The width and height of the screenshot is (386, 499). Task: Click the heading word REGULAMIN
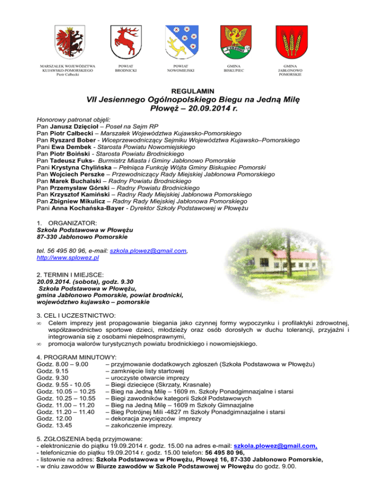193,91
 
